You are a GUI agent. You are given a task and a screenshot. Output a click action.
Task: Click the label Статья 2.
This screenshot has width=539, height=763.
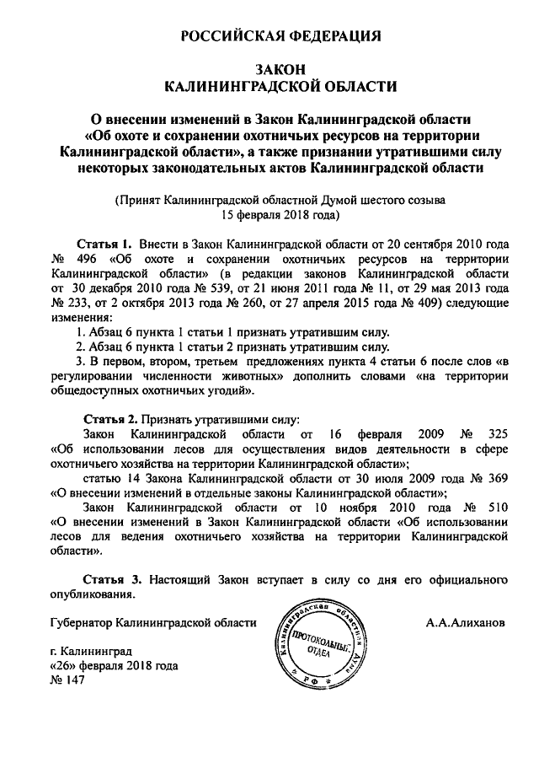point(109,419)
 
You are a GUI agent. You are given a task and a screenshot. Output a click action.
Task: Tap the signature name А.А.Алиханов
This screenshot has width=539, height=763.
point(465,623)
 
